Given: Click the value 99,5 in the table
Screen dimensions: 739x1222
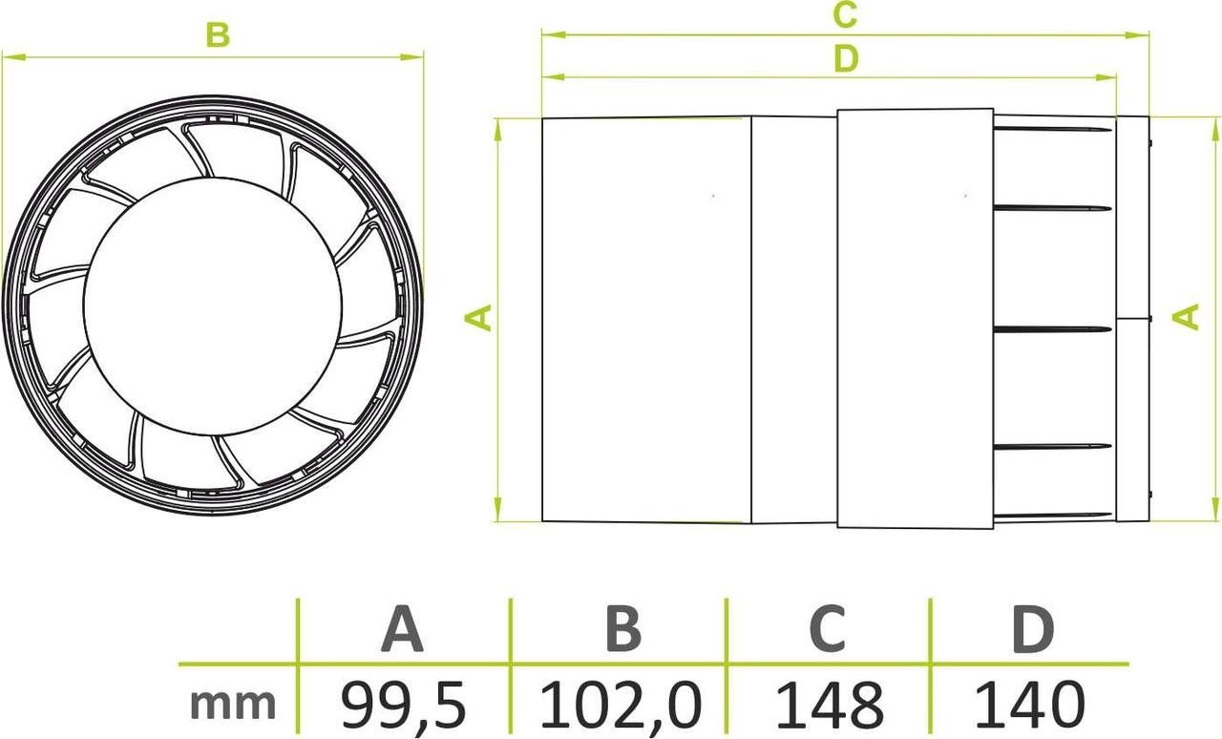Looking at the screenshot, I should click(x=403, y=705).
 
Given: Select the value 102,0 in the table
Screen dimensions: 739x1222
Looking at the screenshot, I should click(x=621, y=705).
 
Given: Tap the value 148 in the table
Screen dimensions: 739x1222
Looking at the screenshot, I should click(x=828, y=705).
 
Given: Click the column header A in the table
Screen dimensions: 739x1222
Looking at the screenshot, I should click(x=402, y=629).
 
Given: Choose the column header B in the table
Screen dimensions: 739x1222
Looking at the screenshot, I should click(x=622, y=629).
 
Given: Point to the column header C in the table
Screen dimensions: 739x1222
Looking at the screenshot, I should click(x=827, y=629).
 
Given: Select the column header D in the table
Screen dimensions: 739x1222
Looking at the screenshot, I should click(x=1032, y=629).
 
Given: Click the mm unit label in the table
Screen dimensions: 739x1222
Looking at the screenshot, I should click(x=233, y=705).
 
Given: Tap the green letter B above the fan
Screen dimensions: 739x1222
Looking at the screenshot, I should click(x=218, y=35).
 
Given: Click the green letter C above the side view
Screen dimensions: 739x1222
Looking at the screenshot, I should click(x=844, y=14).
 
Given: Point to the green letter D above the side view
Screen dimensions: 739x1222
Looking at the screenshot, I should click(x=844, y=59).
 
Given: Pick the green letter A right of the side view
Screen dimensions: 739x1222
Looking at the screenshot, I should click(x=1187, y=316).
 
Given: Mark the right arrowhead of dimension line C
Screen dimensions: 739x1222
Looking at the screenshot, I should click(x=1146, y=35).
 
